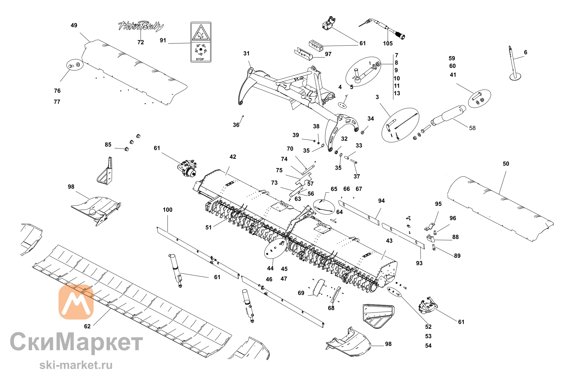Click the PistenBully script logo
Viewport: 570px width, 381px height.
(141, 26)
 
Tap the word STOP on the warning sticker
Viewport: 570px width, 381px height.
(200, 59)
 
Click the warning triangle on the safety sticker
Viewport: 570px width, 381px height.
(201, 33)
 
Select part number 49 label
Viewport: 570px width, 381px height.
(74, 25)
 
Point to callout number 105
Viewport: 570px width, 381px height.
(388, 43)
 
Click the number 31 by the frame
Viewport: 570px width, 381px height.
(247, 53)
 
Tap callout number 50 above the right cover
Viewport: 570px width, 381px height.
(506, 164)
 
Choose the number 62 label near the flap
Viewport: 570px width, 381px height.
(87, 326)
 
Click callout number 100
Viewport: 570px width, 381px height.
(168, 210)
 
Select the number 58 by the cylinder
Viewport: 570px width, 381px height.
(472, 128)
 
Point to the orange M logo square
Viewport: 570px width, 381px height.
(76, 302)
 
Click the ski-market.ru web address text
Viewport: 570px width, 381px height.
(76, 365)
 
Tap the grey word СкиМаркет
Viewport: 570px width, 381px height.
(76, 342)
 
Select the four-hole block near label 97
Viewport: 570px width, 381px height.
(316, 45)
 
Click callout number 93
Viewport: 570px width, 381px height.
(419, 263)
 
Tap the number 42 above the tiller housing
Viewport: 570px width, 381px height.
(233, 157)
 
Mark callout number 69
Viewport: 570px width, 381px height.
(301, 293)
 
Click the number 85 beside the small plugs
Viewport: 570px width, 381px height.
(108, 145)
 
